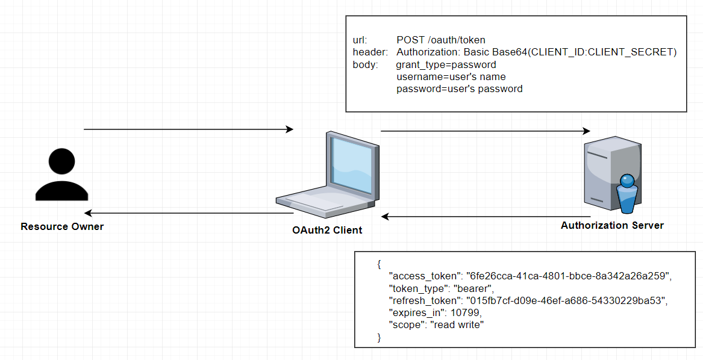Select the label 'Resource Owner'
[62, 227]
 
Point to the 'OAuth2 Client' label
[327, 230]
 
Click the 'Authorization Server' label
[612, 226]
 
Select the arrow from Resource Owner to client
[188, 129]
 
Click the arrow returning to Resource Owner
[188, 213]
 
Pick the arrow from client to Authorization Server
[485, 131]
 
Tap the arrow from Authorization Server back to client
[485, 216]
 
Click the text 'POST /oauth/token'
[441, 40]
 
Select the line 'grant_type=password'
[446, 64]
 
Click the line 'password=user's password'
[459, 88]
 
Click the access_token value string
[569, 276]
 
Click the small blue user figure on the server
[626, 193]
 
